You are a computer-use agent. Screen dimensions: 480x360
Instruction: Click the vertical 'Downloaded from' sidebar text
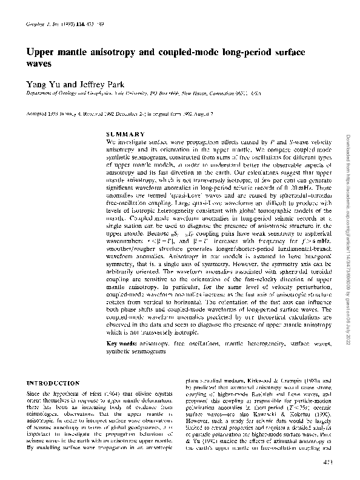point(347,158)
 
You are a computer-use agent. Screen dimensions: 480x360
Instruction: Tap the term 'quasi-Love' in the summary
point(176,205)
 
